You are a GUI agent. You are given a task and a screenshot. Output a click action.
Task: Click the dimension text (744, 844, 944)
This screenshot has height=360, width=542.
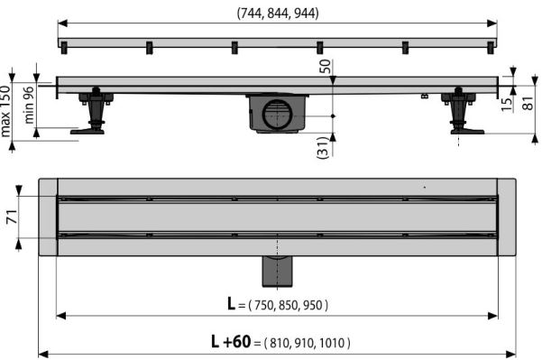278,14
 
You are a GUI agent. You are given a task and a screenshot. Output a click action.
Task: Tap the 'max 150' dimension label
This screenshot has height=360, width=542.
5,111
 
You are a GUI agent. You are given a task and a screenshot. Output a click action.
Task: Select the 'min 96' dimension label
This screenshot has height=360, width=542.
29,105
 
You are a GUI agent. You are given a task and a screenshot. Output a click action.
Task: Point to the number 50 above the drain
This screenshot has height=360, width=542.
325,66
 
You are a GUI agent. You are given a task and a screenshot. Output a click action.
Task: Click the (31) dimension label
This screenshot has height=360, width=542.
322,147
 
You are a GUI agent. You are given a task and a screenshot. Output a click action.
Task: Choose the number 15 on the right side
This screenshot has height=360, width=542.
507,105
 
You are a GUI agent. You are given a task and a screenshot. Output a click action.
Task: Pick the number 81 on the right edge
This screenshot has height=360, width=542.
528,103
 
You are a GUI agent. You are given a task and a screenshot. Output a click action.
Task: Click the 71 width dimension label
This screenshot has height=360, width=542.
12,217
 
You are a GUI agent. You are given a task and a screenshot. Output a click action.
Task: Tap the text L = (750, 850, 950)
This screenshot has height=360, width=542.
278,305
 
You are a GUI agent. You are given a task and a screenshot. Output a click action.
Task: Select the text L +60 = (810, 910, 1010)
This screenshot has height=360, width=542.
280,342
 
